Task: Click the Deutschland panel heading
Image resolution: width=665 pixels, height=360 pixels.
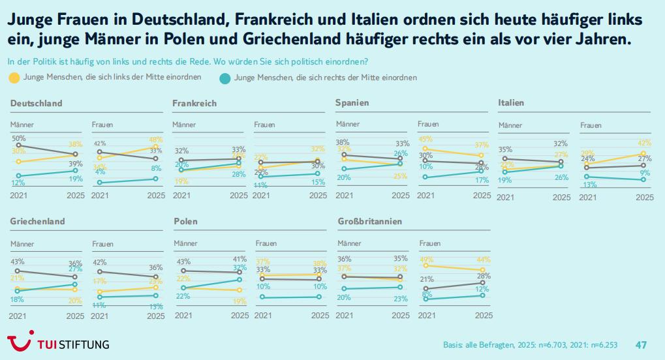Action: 37,103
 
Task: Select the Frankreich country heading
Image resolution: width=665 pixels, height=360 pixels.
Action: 194,103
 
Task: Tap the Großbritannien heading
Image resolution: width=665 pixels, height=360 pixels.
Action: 369,222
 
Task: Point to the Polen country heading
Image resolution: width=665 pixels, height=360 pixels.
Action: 186,222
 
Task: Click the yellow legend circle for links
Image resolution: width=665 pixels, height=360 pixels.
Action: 14,78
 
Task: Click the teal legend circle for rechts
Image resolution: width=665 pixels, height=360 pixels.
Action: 224,78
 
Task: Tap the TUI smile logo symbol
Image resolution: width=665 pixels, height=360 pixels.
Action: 20,342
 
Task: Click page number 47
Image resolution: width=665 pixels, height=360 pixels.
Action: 641,344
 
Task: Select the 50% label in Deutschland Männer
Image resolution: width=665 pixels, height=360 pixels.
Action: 19,138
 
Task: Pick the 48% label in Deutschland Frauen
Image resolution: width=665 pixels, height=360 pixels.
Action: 156,139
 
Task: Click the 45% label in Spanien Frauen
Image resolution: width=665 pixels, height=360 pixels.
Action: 425,139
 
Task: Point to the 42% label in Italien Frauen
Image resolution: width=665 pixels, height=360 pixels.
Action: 644,143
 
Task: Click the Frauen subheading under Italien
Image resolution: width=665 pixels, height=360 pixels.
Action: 591,125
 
